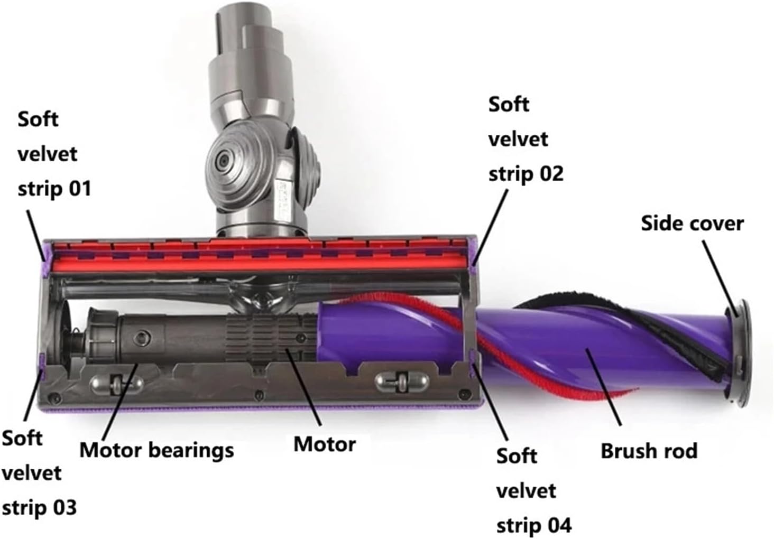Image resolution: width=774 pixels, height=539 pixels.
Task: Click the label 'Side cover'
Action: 692,224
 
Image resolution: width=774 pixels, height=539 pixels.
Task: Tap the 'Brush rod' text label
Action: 649,451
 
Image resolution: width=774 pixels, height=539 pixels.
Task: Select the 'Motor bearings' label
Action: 156,450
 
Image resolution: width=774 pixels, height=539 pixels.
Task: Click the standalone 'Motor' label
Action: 324,444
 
